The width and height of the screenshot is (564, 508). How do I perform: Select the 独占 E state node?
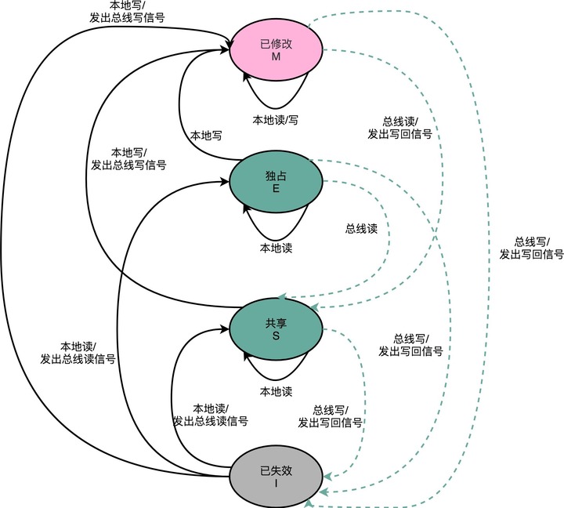[276, 182]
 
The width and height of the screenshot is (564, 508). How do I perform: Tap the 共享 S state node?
[276, 329]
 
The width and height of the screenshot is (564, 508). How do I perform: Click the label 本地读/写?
[274, 120]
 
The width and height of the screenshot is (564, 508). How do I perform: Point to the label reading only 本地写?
[206, 136]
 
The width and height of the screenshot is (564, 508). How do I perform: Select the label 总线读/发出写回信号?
[399, 128]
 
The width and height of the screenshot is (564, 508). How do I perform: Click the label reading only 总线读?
[361, 230]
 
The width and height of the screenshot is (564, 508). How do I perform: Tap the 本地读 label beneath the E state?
[276, 248]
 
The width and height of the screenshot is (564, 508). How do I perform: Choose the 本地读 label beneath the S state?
[276, 392]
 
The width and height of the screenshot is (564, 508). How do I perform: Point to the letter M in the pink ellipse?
[276, 57]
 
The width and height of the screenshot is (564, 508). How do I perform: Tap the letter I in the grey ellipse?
[276, 484]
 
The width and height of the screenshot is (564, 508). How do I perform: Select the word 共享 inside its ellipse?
[276, 322]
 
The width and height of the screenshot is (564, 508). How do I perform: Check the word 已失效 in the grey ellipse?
[276, 470]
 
